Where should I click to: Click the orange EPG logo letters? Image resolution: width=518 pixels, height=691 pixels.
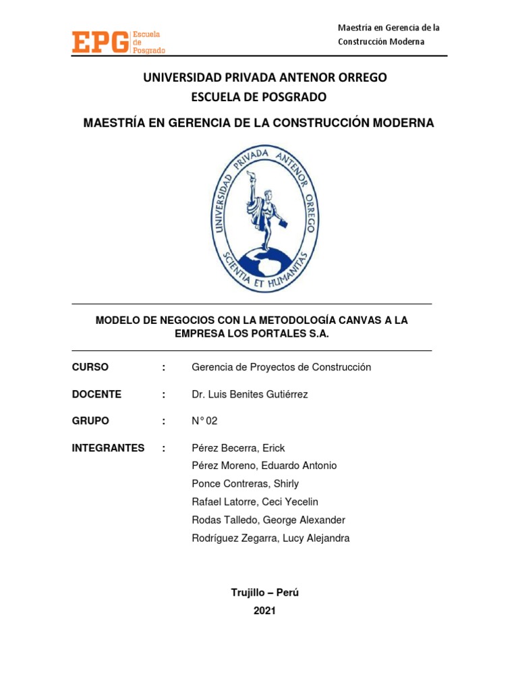pos(100,42)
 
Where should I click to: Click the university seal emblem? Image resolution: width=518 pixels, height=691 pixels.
pos(265,219)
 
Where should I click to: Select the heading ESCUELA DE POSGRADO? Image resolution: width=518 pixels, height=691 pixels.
pos(259,97)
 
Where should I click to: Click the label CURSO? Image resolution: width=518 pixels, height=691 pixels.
pos(90,367)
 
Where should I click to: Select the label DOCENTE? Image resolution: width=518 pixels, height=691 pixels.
pos(96,394)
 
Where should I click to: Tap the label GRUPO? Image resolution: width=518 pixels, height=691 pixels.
pos(90,420)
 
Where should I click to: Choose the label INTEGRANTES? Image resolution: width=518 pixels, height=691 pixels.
pos(108,447)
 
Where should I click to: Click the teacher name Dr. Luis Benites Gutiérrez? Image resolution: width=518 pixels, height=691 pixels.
pos(250,394)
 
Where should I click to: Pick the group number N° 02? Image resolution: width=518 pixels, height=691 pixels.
pos(205,420)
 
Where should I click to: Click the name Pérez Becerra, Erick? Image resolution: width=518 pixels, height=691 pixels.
pos(238,448)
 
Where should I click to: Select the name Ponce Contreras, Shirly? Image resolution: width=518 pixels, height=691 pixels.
pos(246,484)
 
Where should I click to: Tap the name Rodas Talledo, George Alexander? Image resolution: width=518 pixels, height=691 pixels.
pos(268,520)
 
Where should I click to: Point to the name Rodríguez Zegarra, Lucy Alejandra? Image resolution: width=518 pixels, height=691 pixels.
pos(270,538)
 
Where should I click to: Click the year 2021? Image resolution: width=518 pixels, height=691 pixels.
pos(264,611)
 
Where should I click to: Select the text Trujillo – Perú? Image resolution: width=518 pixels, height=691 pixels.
pos(264,592)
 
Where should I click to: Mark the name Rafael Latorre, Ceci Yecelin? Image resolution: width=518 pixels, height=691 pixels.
pos(255,502)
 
